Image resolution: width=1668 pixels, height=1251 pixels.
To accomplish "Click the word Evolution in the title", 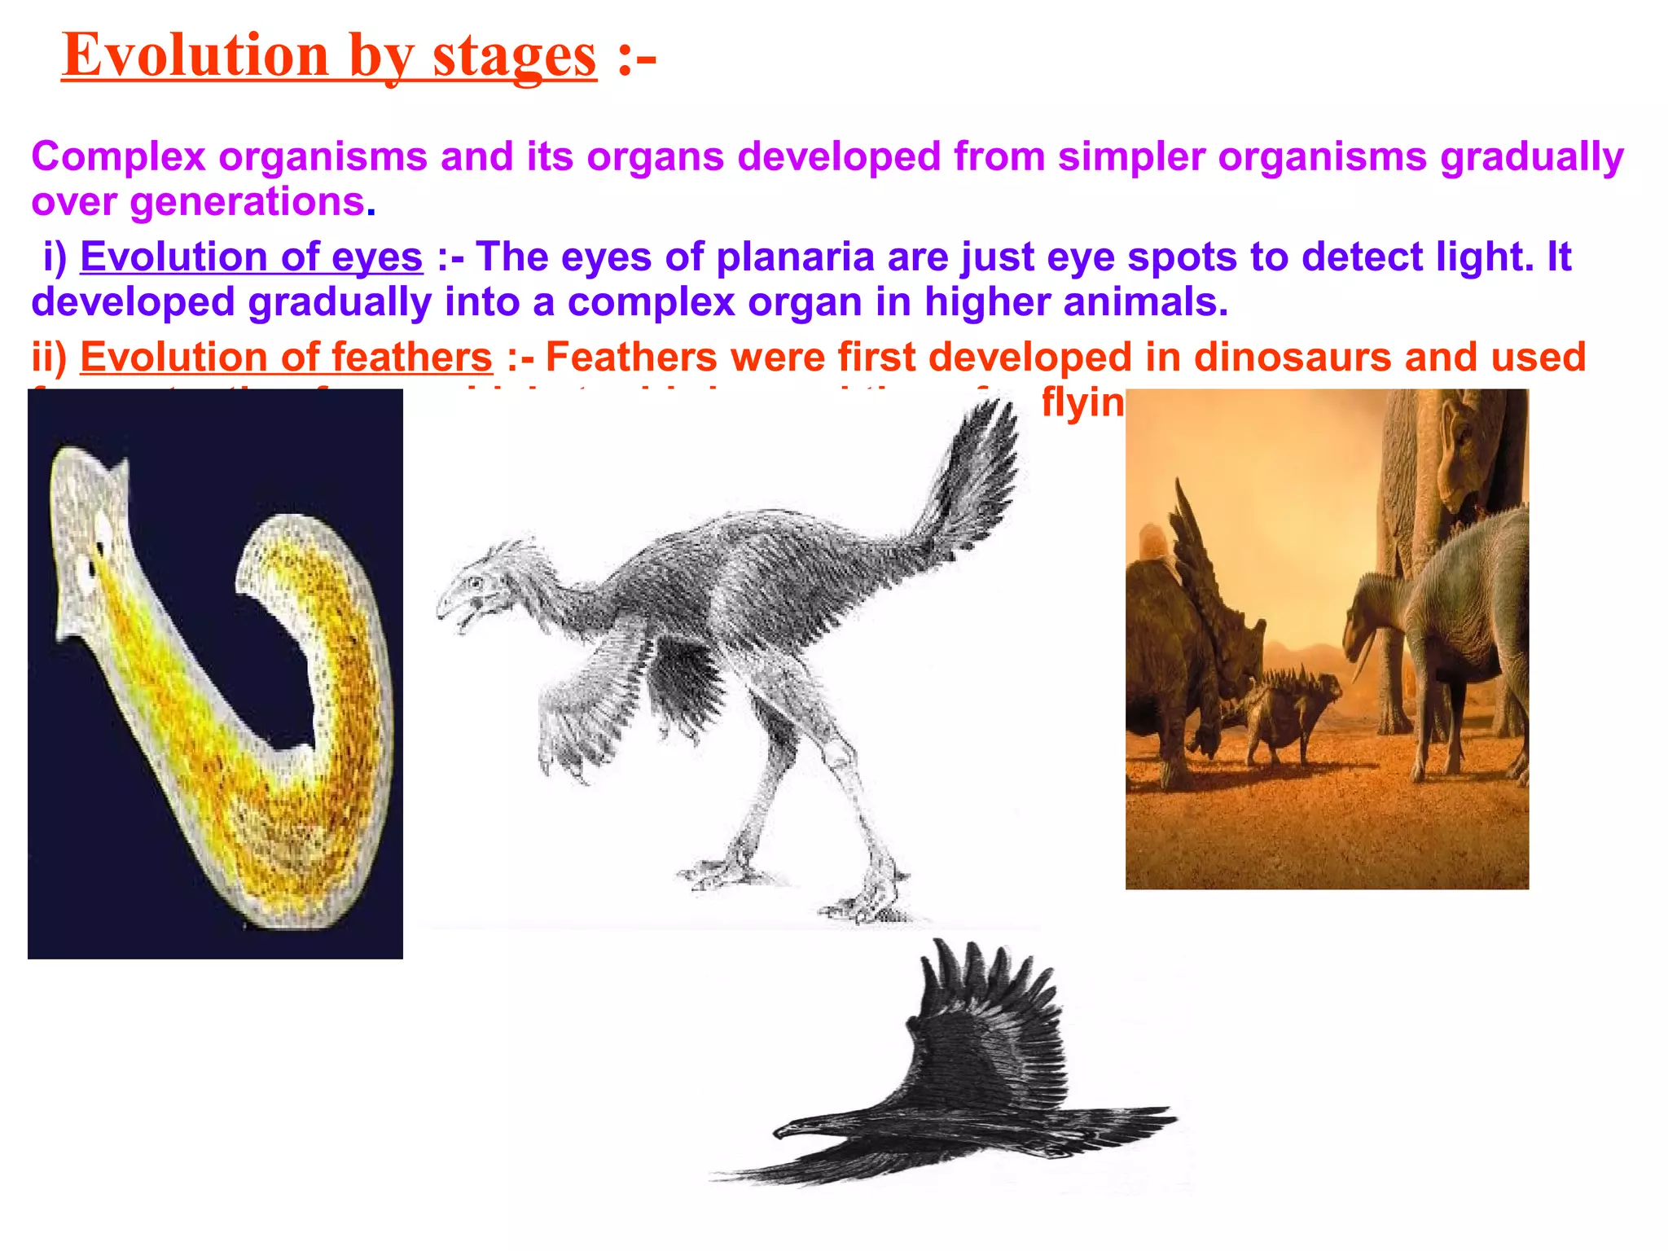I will pos(195,55).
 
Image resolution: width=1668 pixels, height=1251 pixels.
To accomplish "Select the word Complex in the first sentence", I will pos(118,156).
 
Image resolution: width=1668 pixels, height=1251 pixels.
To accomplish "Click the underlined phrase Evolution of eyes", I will pos(251,257).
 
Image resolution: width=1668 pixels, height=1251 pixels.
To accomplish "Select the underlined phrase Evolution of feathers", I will pos(286,358).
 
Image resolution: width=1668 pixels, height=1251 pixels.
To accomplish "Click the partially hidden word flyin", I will pos(1082,402).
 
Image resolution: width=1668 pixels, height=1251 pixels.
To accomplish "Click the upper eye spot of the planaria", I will pos(103,529).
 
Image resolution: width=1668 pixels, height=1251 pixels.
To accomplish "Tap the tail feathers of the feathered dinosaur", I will pos(977,472).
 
